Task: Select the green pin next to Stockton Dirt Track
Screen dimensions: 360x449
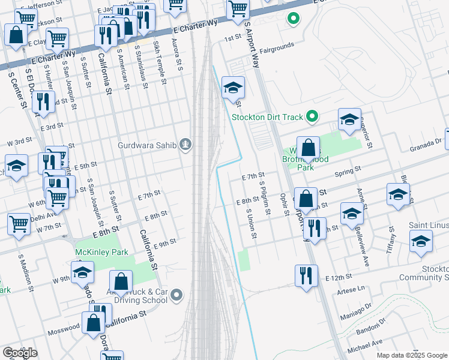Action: click(312, 116)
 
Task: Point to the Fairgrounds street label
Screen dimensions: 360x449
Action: click(276, 46)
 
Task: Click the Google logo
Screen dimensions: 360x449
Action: click(20, 352)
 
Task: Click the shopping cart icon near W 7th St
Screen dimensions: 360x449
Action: click(19, 223)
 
